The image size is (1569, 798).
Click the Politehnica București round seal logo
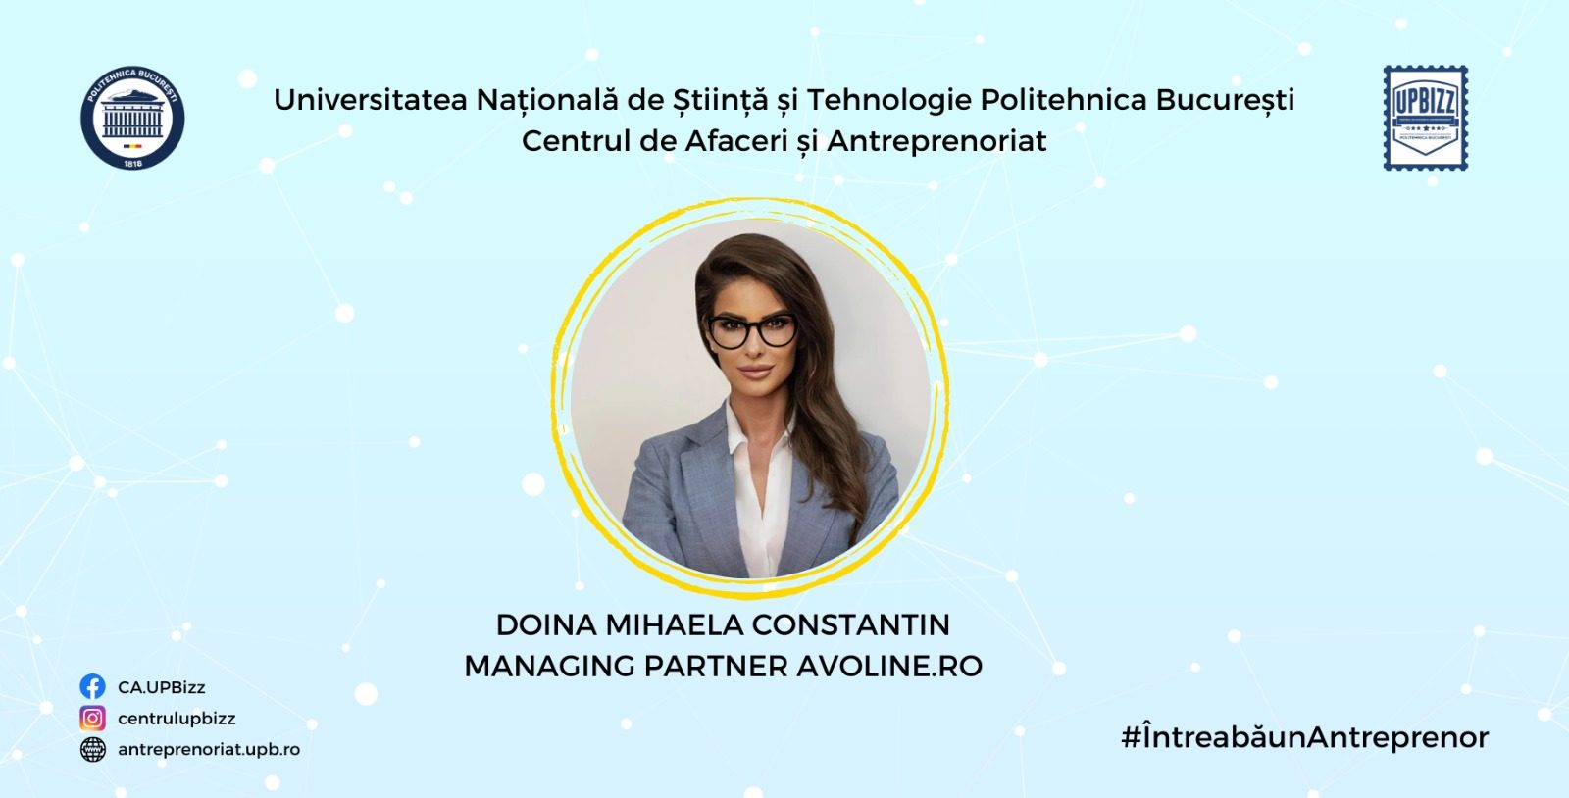pyautogui.click(x=132, y=118)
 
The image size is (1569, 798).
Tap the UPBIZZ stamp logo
pyautogui.click(x=1426, y=118)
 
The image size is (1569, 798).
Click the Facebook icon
pyautogui.click(x=92, y=686)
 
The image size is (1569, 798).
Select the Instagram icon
pyautogui.click(x=92, y=719)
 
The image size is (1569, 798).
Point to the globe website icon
pyautogui.click(x=92, y=749)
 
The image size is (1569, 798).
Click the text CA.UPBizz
pyautogui.click(x=161, y=687)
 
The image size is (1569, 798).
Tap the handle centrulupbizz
pyautogui.click(x=177, y=719)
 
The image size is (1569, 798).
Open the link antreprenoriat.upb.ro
pyautogui.click(x=209, y=750)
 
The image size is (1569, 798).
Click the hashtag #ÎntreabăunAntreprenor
pyautogui.click(x=1304, y=737)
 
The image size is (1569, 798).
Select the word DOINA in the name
pyautogui.click(x=546, y=625)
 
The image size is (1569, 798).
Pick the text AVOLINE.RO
pyautogui.click(x=889, y=667)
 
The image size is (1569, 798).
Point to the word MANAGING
pyautogui.click(x=550, y=667)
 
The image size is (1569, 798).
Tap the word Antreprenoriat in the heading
pyautogui.click(x=936, y=142)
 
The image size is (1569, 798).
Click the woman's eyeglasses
pyautogui.click(x=751, y=330)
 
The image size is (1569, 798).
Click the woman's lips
pyautogui.click(x=755, y=371)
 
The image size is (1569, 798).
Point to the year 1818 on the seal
pyautogui.click(x=132, y=163)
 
